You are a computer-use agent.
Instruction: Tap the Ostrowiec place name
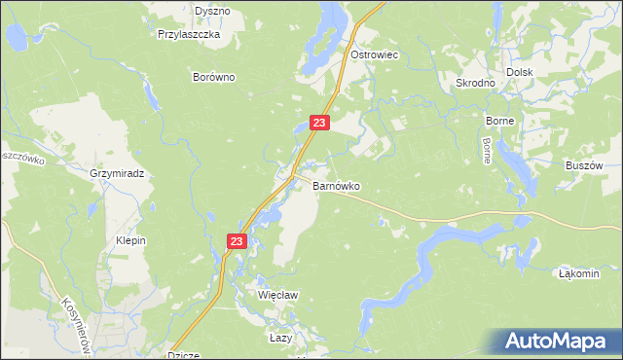[376, 55]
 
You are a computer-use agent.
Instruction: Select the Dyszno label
[212, 11]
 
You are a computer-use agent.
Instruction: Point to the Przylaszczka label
[190, 33]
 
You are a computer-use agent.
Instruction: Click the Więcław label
[276, 293]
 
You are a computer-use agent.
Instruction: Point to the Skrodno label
[476, 83]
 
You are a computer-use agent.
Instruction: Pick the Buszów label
[585, 165]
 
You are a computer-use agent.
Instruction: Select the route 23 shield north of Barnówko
[321, 123]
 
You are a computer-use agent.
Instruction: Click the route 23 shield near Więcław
[238, 240]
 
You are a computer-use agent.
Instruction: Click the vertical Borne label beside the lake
[486, 151]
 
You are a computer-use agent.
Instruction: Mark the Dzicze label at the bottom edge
[184, 355]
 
